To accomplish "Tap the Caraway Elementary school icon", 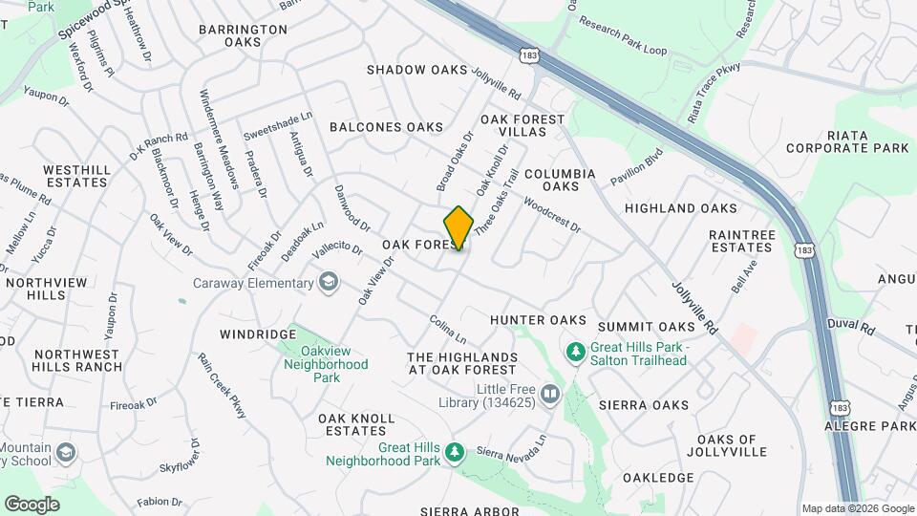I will click(x=329, y=282).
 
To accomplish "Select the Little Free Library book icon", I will click(x=549, y=394).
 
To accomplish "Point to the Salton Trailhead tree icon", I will click(x=575, y=353).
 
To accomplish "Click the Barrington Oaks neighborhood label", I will click(x=243, y=35).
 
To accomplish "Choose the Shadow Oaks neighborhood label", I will click(x=417, y=70).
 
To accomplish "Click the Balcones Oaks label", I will click(x=386, y=127).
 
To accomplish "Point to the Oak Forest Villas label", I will click(x=522, y=125).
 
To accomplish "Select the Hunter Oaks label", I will click(x=538, y=320).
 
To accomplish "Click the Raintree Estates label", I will click(x=740, y=240).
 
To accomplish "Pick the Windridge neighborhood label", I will click(x=258, y=334).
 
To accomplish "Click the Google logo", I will click(x=32, y=504).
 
